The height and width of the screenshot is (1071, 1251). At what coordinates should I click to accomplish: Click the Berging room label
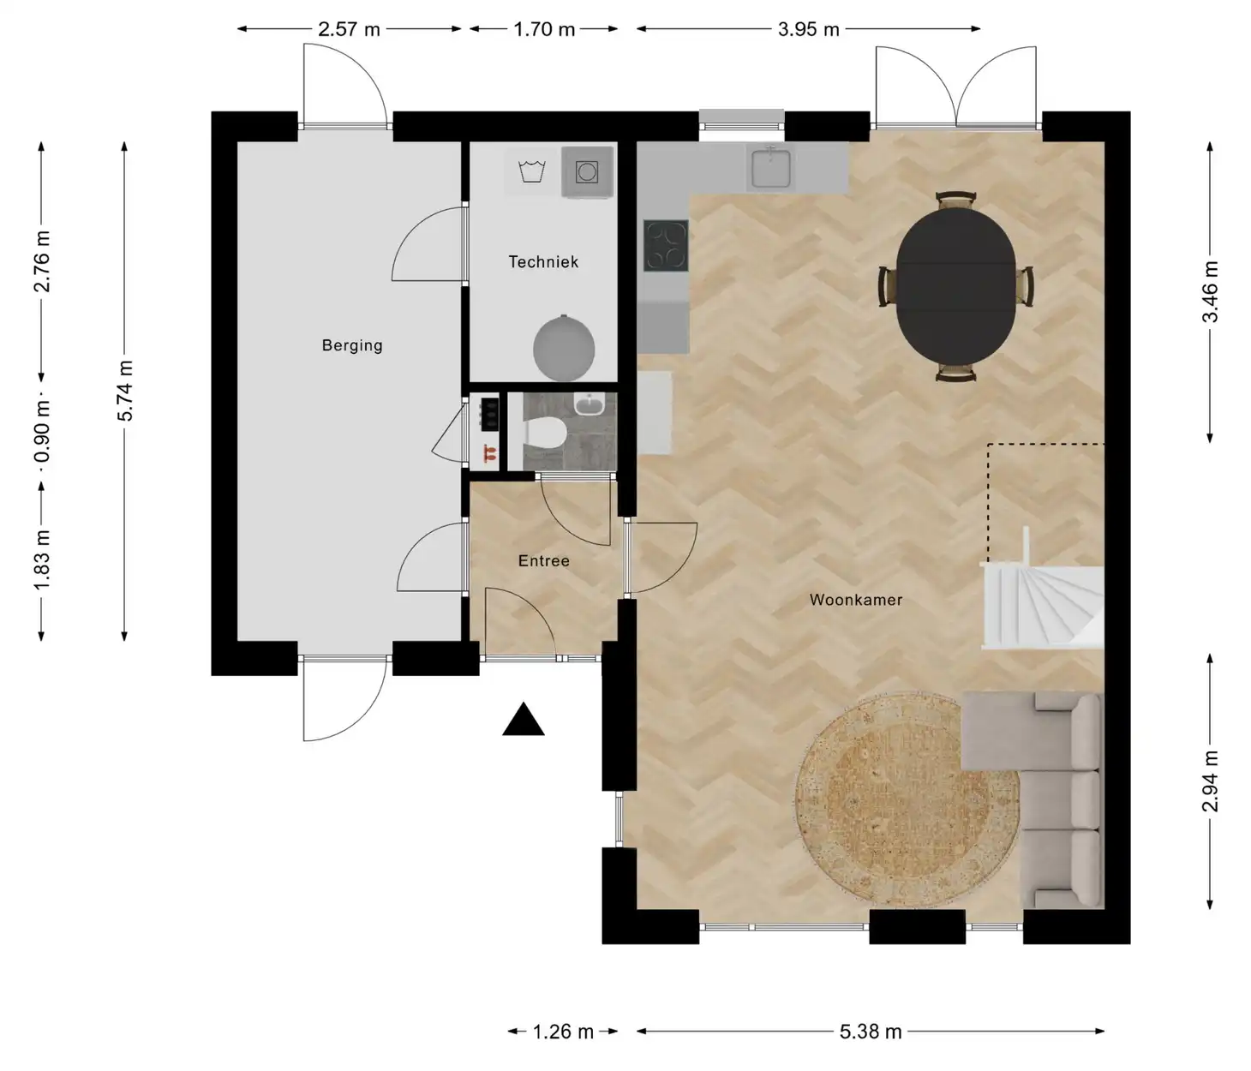point(352,345)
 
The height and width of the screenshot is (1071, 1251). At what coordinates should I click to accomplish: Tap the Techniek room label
point(543,262)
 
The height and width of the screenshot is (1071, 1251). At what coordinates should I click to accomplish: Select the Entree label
point(544,561)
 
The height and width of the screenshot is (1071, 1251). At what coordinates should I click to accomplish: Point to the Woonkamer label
point(856,600)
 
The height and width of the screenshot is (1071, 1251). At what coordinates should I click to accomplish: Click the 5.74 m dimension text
point(125,391)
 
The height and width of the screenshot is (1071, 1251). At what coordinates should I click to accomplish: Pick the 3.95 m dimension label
point(809,29)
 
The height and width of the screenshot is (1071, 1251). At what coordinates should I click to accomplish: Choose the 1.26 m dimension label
point(563,1032)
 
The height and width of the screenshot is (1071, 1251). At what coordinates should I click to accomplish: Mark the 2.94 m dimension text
point(1211,781)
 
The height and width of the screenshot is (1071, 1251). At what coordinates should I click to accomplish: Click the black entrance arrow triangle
point(524,720)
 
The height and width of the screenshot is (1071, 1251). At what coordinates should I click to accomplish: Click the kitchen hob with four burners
point(666,245)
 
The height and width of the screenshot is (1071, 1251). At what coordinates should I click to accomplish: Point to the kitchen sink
point(770,168)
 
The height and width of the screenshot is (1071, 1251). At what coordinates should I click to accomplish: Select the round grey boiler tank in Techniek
point(564,349)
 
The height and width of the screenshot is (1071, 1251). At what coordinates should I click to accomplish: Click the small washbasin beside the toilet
point(588,404)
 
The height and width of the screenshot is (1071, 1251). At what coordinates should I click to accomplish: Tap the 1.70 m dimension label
point(544,29)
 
